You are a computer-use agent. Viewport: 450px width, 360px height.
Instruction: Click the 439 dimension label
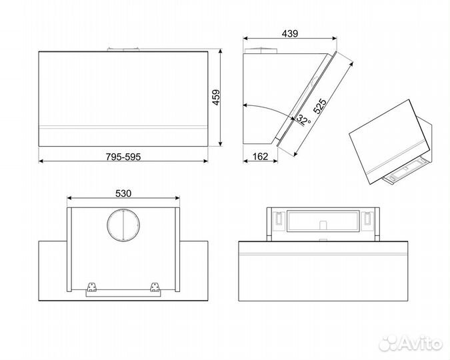point(290,33)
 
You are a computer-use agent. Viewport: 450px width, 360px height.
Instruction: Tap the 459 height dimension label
point(216,97)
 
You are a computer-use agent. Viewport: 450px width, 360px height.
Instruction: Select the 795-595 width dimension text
point(123,157)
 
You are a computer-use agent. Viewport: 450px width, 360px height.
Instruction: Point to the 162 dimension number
point(260,157)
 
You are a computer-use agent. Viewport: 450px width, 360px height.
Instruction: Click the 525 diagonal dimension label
point(320,106)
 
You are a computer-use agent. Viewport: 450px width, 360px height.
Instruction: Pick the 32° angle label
point(303,119)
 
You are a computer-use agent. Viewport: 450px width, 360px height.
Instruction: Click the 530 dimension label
point(123,193)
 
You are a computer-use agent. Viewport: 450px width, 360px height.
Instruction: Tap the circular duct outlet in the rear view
point(123,225)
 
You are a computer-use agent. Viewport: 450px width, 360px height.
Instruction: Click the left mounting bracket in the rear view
point(92,287)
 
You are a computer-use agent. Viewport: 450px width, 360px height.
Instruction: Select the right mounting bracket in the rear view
point(155,287)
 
